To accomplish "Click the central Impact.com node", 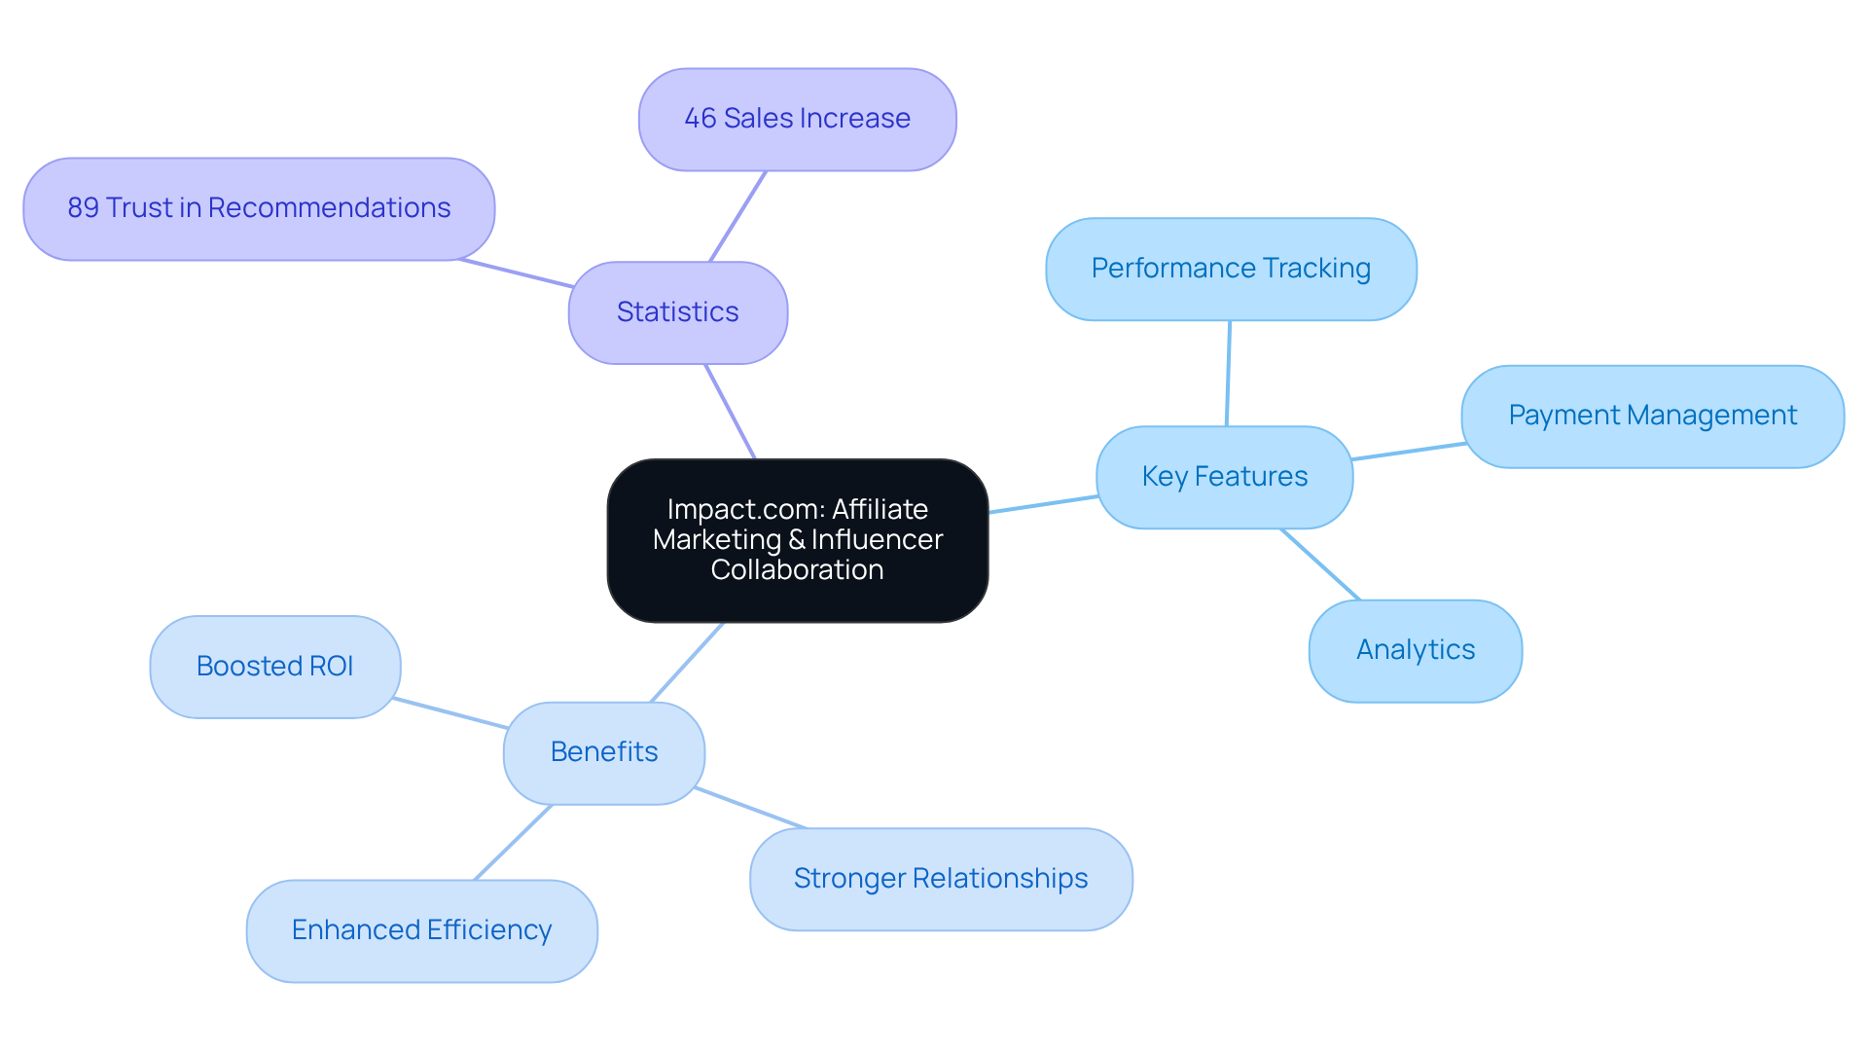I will [x=797, y=540].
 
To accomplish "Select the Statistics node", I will [x=677, y=312].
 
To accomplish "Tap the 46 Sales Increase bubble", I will [x=797, y=119].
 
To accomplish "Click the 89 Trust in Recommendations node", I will [x=259, y=208].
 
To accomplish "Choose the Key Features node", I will [x=1224, y=477].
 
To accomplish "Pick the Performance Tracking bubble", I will [x=1230, y=269].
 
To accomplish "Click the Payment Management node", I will [x=1651, y=416].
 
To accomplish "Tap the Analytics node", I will [x=1415, y=650].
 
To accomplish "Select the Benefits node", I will [x=603, y=752].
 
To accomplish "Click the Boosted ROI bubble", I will [x=274, y=667].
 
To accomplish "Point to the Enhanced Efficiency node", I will [x=421, y=930].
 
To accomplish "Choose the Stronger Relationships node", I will [x=940, y=879].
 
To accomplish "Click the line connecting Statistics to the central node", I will [x=730, y=411].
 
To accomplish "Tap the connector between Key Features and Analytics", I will [x=1320, y=564].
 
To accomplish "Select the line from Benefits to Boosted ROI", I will [x=450, y=712].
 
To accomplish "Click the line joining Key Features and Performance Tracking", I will [x=1228, y=373].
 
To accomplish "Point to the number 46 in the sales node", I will [x=700, y=119].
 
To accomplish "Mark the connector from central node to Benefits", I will [x=687, y=663].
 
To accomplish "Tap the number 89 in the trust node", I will [x=83, y=208].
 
